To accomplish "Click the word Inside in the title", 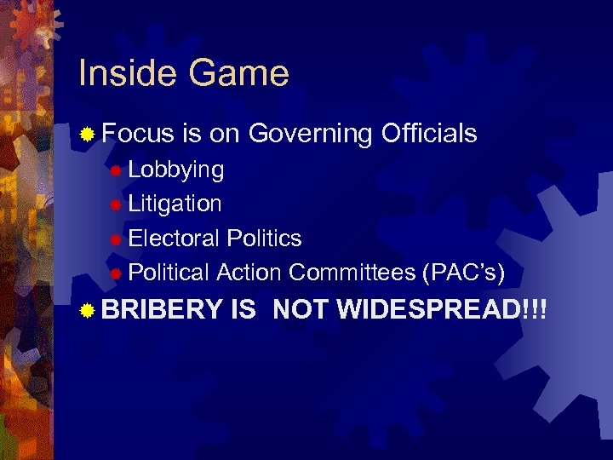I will (x=126, y=73).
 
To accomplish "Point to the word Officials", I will (x=429, y=133).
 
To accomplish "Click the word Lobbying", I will (x=176, y=170).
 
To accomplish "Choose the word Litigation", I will (x=175, y=204).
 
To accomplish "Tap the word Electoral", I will (x=175, y=238).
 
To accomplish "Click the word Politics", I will (x=264, y=238).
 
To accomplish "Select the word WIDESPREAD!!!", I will (x=440, y=310).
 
